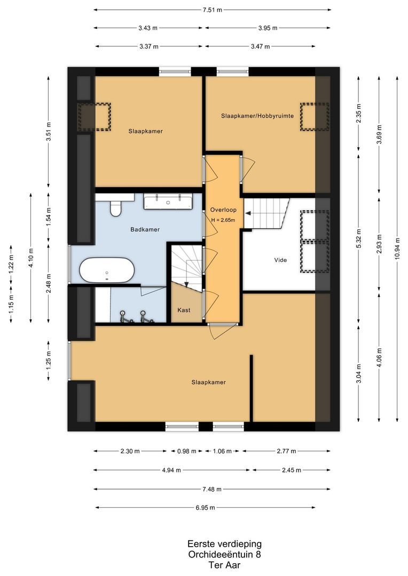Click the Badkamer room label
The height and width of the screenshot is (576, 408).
pos(145,229)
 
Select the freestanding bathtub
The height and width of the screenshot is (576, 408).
pos(107,270)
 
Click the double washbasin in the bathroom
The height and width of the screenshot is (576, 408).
pos(168,202)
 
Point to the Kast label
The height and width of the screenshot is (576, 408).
pos(184,310)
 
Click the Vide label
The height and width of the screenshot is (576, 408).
pos(280,260)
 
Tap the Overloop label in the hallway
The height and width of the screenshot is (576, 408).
pos(223,210)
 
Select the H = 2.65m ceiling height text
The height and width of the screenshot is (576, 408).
pos(223,220)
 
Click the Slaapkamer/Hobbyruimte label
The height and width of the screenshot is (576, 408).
pos(257,116)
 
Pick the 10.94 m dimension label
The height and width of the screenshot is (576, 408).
pos(397,249)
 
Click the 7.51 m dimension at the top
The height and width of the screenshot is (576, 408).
pos(213,10)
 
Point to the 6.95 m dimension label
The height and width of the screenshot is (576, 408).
pos(205,508)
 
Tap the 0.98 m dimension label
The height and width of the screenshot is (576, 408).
pos(186,451)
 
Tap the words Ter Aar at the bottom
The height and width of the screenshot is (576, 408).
pos(224,565)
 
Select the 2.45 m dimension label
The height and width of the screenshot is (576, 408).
pos(292,470)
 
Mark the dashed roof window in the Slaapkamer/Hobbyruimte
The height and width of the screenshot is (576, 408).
pos(315,117)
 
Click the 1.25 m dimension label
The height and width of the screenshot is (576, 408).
pos(49,361)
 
